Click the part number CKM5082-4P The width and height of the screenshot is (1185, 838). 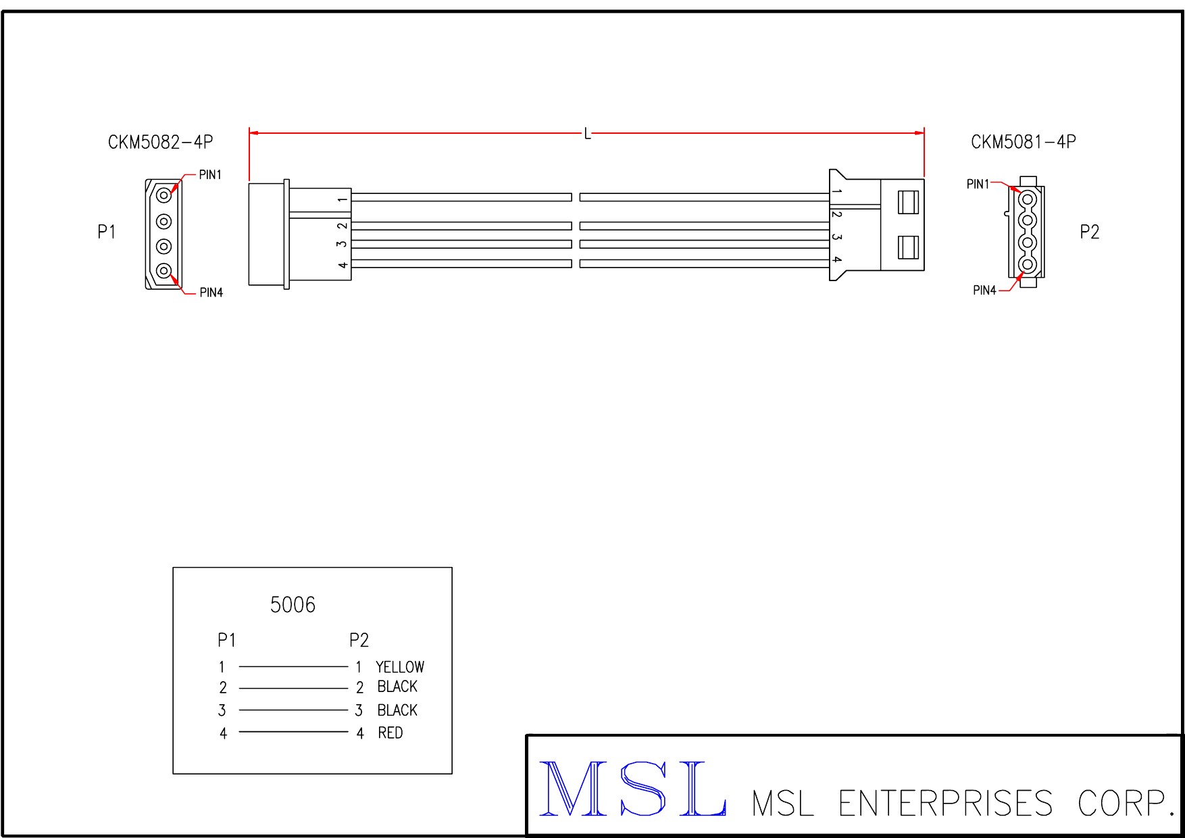click(x=161, y=142)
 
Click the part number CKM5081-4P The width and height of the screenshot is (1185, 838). click(x=1024, y=142)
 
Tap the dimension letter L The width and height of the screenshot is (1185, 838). click(x=587, y=134)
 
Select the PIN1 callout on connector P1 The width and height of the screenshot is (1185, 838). click(x=210, y=174)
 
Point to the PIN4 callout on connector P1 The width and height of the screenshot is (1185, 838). click(x=211, y=292)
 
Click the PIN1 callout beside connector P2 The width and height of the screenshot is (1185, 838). click(x=978, y=184)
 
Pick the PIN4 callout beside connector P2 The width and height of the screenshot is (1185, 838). click(x=984, y=290)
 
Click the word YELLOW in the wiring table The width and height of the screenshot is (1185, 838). click(x=400, y=667)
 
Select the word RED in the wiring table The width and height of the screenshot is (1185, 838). click(x=390, y=733)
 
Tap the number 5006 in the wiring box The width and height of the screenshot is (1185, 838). click(x=293, y=604)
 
